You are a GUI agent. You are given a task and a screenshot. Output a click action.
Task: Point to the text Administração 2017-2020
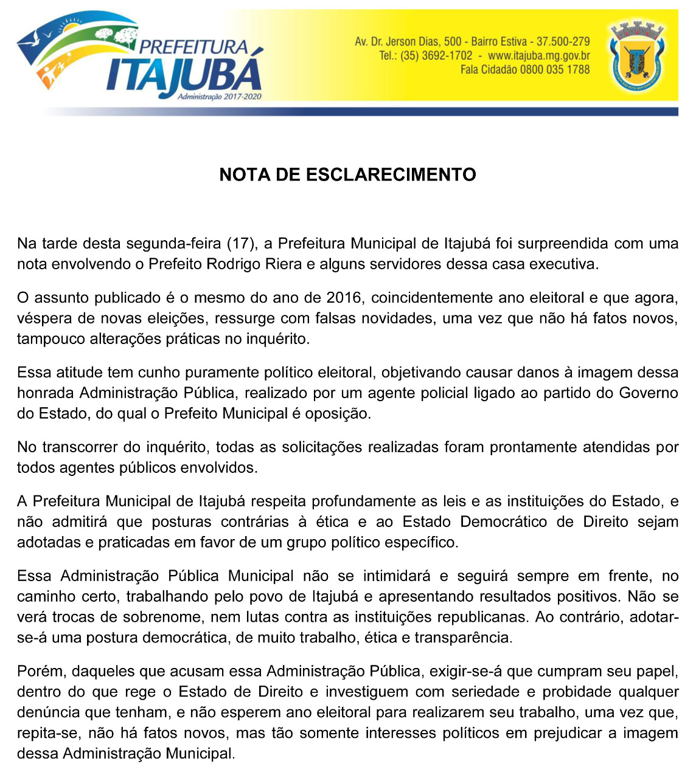[x=219, y=97]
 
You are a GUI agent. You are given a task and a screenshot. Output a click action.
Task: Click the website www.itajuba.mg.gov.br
[x=539, y=56]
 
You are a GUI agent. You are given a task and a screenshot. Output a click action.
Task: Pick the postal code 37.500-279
[x=563, y=42]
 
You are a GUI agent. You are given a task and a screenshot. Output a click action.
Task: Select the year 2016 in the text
[x=344, y=298]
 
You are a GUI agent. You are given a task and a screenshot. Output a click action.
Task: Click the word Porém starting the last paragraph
[x=40, y=671]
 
